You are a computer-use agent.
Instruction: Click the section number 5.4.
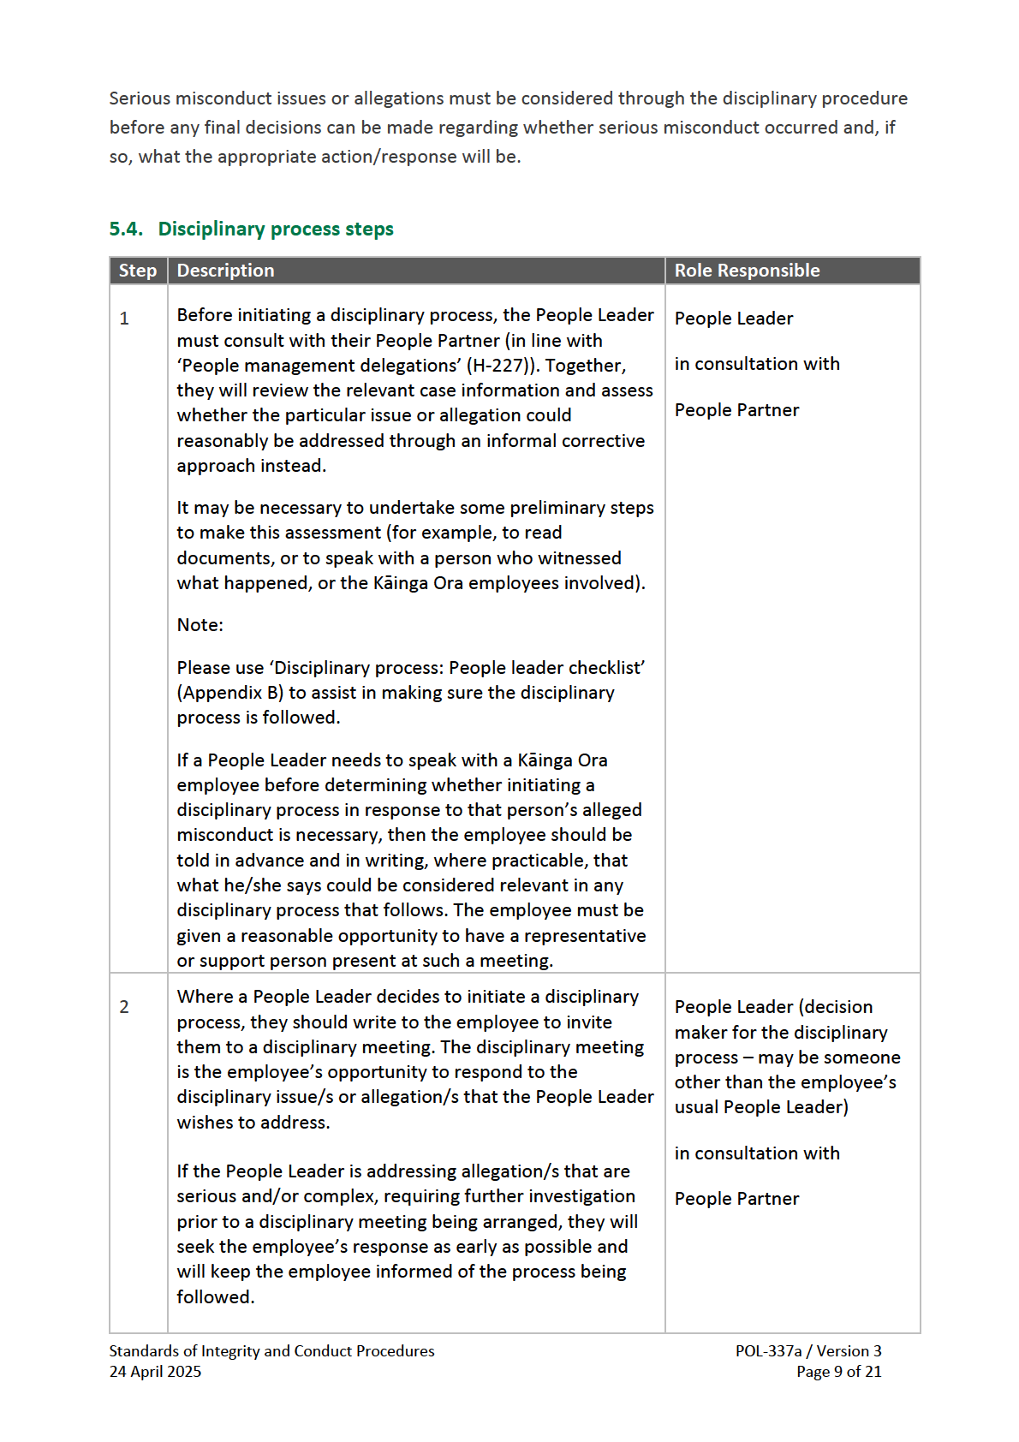click(126, 229)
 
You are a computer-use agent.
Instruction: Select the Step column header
click(138, 271)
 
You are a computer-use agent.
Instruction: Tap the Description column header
click(225, 271)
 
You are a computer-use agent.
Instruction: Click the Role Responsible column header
click(747, 271)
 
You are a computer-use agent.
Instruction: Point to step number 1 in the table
click(124, 319)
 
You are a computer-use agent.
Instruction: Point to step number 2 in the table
click(124, 1007)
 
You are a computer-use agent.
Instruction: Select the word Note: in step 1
click(200, 625)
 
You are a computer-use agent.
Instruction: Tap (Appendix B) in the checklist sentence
click(230, 693)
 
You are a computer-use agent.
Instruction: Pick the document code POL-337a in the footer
click(768, 1351)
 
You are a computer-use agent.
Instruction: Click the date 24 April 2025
click(155, 1372)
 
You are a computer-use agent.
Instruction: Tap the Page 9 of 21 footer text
click(838, 1372)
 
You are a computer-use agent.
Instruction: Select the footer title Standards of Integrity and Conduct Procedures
click(271, 1351)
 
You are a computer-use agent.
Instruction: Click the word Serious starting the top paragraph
click(140, 98)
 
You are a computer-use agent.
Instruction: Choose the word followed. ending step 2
click(215, 1297)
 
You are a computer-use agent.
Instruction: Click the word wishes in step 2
click(205, 1123)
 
